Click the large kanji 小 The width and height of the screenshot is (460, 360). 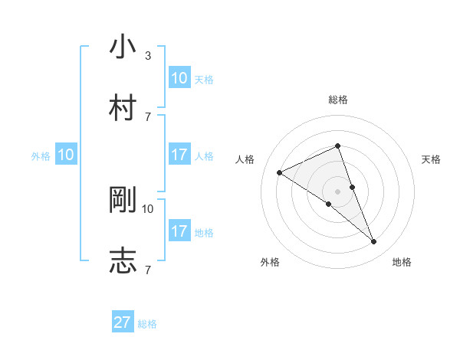pyautogui.click(x=123, y=47)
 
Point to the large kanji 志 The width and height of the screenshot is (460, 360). pyautogui.click(x=123, y=260)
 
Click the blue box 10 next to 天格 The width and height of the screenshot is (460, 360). pyautogui.click(x=179, y=78)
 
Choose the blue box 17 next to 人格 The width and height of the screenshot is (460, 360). pyautogui.click(x=179, y=155)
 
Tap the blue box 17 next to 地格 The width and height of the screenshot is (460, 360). pyautogui.click(x=179, y=231)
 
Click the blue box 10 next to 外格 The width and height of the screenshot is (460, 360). pyautogui.click(x=66, y=155)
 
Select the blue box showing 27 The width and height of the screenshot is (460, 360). pyautogui.click(x=123, y=322)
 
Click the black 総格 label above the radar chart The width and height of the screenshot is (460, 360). pyautogui.click(x=338, y=100)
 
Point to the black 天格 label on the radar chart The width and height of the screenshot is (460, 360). pyautogui.click(x=431, y=159)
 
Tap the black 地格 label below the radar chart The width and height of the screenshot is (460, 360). pyautogui.click(x=402, y=262)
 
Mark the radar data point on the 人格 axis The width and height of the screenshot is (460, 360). pyautogui.click(x=280, y=173)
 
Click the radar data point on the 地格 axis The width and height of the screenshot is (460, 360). pyautogui.click(x=374, y=242)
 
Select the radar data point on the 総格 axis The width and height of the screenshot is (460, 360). pyautogui.click(x=338, y=146)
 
